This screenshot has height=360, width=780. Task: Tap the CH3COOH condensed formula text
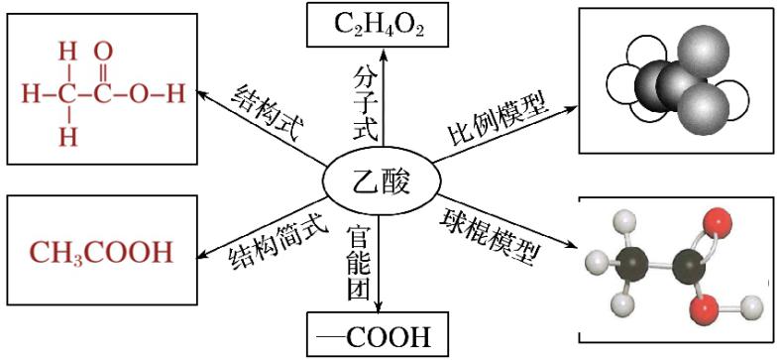coord(100,252)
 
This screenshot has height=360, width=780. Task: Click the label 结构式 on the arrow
coord(265,110)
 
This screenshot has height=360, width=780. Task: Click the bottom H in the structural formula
coord(67,138)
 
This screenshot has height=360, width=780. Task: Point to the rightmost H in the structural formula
coord(174,95)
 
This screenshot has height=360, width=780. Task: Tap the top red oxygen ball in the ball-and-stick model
coord(716,220)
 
